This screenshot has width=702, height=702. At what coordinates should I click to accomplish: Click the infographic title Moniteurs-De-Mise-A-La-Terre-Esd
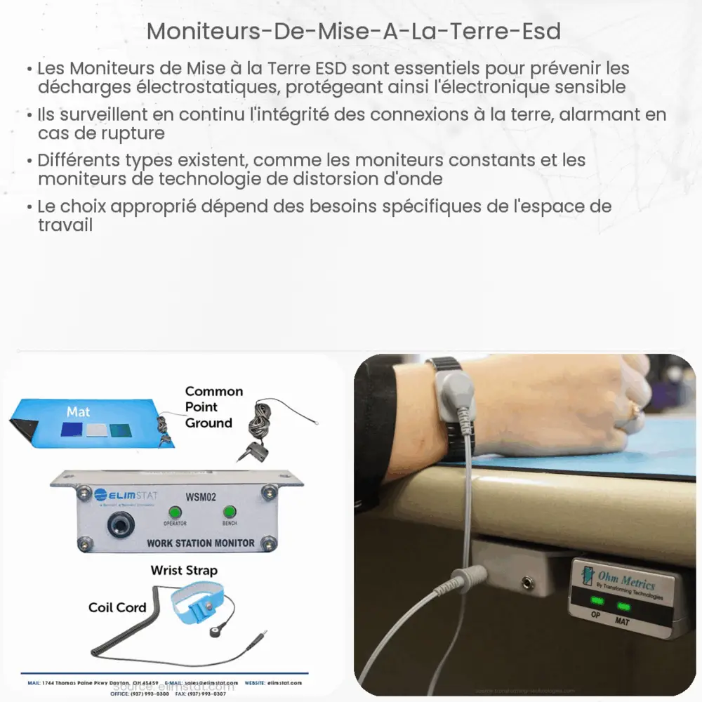tap(355, 32)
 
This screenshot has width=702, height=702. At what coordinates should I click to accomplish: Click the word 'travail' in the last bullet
tap(65, 225)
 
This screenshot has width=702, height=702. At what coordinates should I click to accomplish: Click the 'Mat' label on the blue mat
tap(78, 411)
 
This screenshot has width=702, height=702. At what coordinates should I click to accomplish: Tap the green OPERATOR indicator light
tap(175, 512)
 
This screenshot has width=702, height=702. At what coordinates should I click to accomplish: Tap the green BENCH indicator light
tap(229, 512)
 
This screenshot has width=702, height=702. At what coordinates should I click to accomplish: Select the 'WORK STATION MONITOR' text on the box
tap(200, 543)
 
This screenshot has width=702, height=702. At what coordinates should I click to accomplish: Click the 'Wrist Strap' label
tap(184, 570)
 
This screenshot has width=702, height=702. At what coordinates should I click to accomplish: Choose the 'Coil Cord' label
tap(117, 607)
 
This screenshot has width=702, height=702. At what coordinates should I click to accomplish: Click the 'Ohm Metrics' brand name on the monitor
tap(626, 582)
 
